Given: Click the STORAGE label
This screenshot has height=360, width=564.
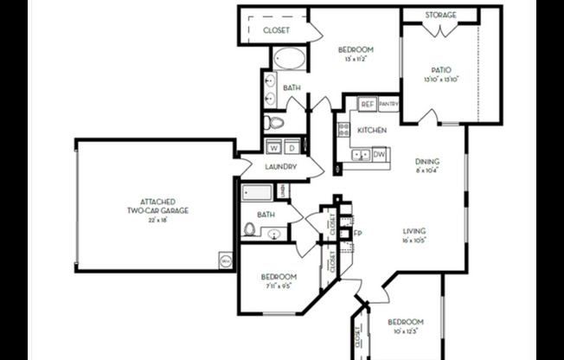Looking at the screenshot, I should pyautogui.click(x=441, y=15).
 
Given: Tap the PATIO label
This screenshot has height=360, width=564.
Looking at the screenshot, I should pyautogui.click(x=441, y=69).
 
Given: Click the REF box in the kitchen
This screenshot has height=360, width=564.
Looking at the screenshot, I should pyautogui.click(x=367, y=104).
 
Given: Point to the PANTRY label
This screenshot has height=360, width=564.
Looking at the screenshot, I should pyautogui.click(x=388, y=104).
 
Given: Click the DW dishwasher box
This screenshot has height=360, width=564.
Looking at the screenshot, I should pyautogui.click(x=378, y=154).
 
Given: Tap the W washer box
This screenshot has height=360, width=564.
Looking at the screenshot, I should pyautogui.click(x=272, y=146).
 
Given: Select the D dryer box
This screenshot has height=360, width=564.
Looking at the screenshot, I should pyautogui.click(x=292, y=146).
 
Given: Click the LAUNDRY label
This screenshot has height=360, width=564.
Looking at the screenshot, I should pyautogui.click(x=281, y=167).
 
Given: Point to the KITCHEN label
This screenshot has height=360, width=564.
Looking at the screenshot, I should pyautogui.click(x=372, y=131).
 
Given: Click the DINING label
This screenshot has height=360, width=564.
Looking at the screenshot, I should pyautogui.click(x=427, y=162).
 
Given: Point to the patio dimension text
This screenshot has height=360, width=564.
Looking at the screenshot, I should pyautogui.click(x=441, y=80).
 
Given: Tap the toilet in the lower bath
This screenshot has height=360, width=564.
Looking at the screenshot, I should pyautogui.click(x=250, y=229).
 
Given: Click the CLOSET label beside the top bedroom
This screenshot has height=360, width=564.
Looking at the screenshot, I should pyautogui.click(x=276, y=30).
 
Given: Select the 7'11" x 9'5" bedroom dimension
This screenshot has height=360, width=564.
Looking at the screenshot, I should pyautogui.click(x=279, y=287).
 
